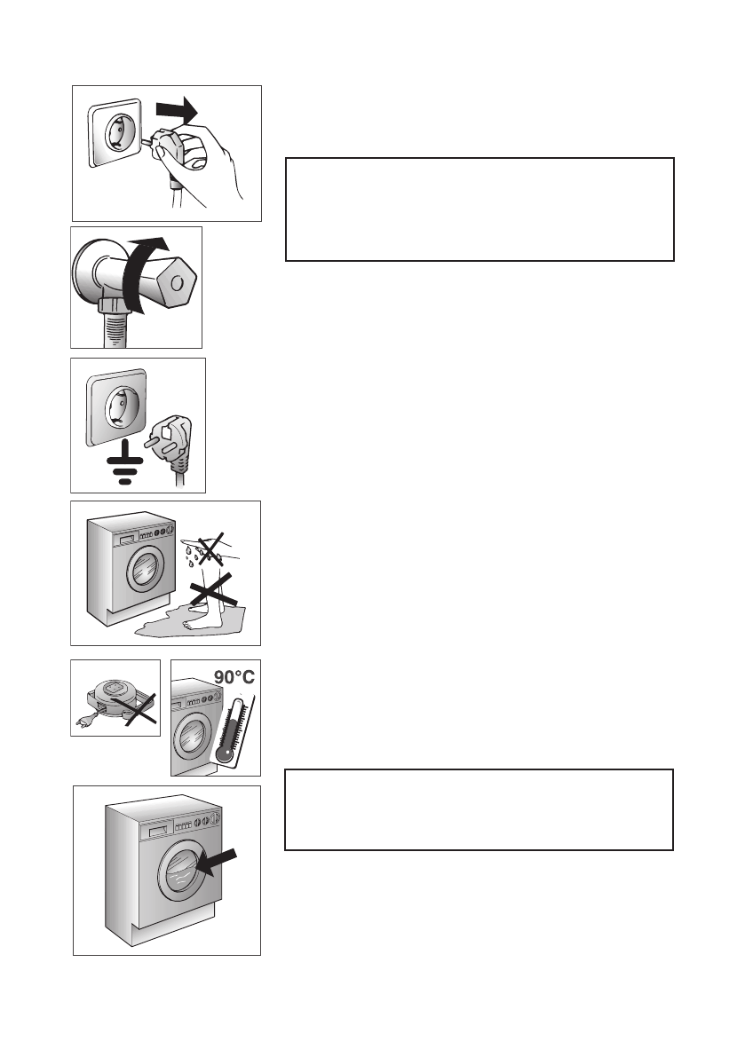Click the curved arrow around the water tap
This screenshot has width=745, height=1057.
[x=141, y=275]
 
